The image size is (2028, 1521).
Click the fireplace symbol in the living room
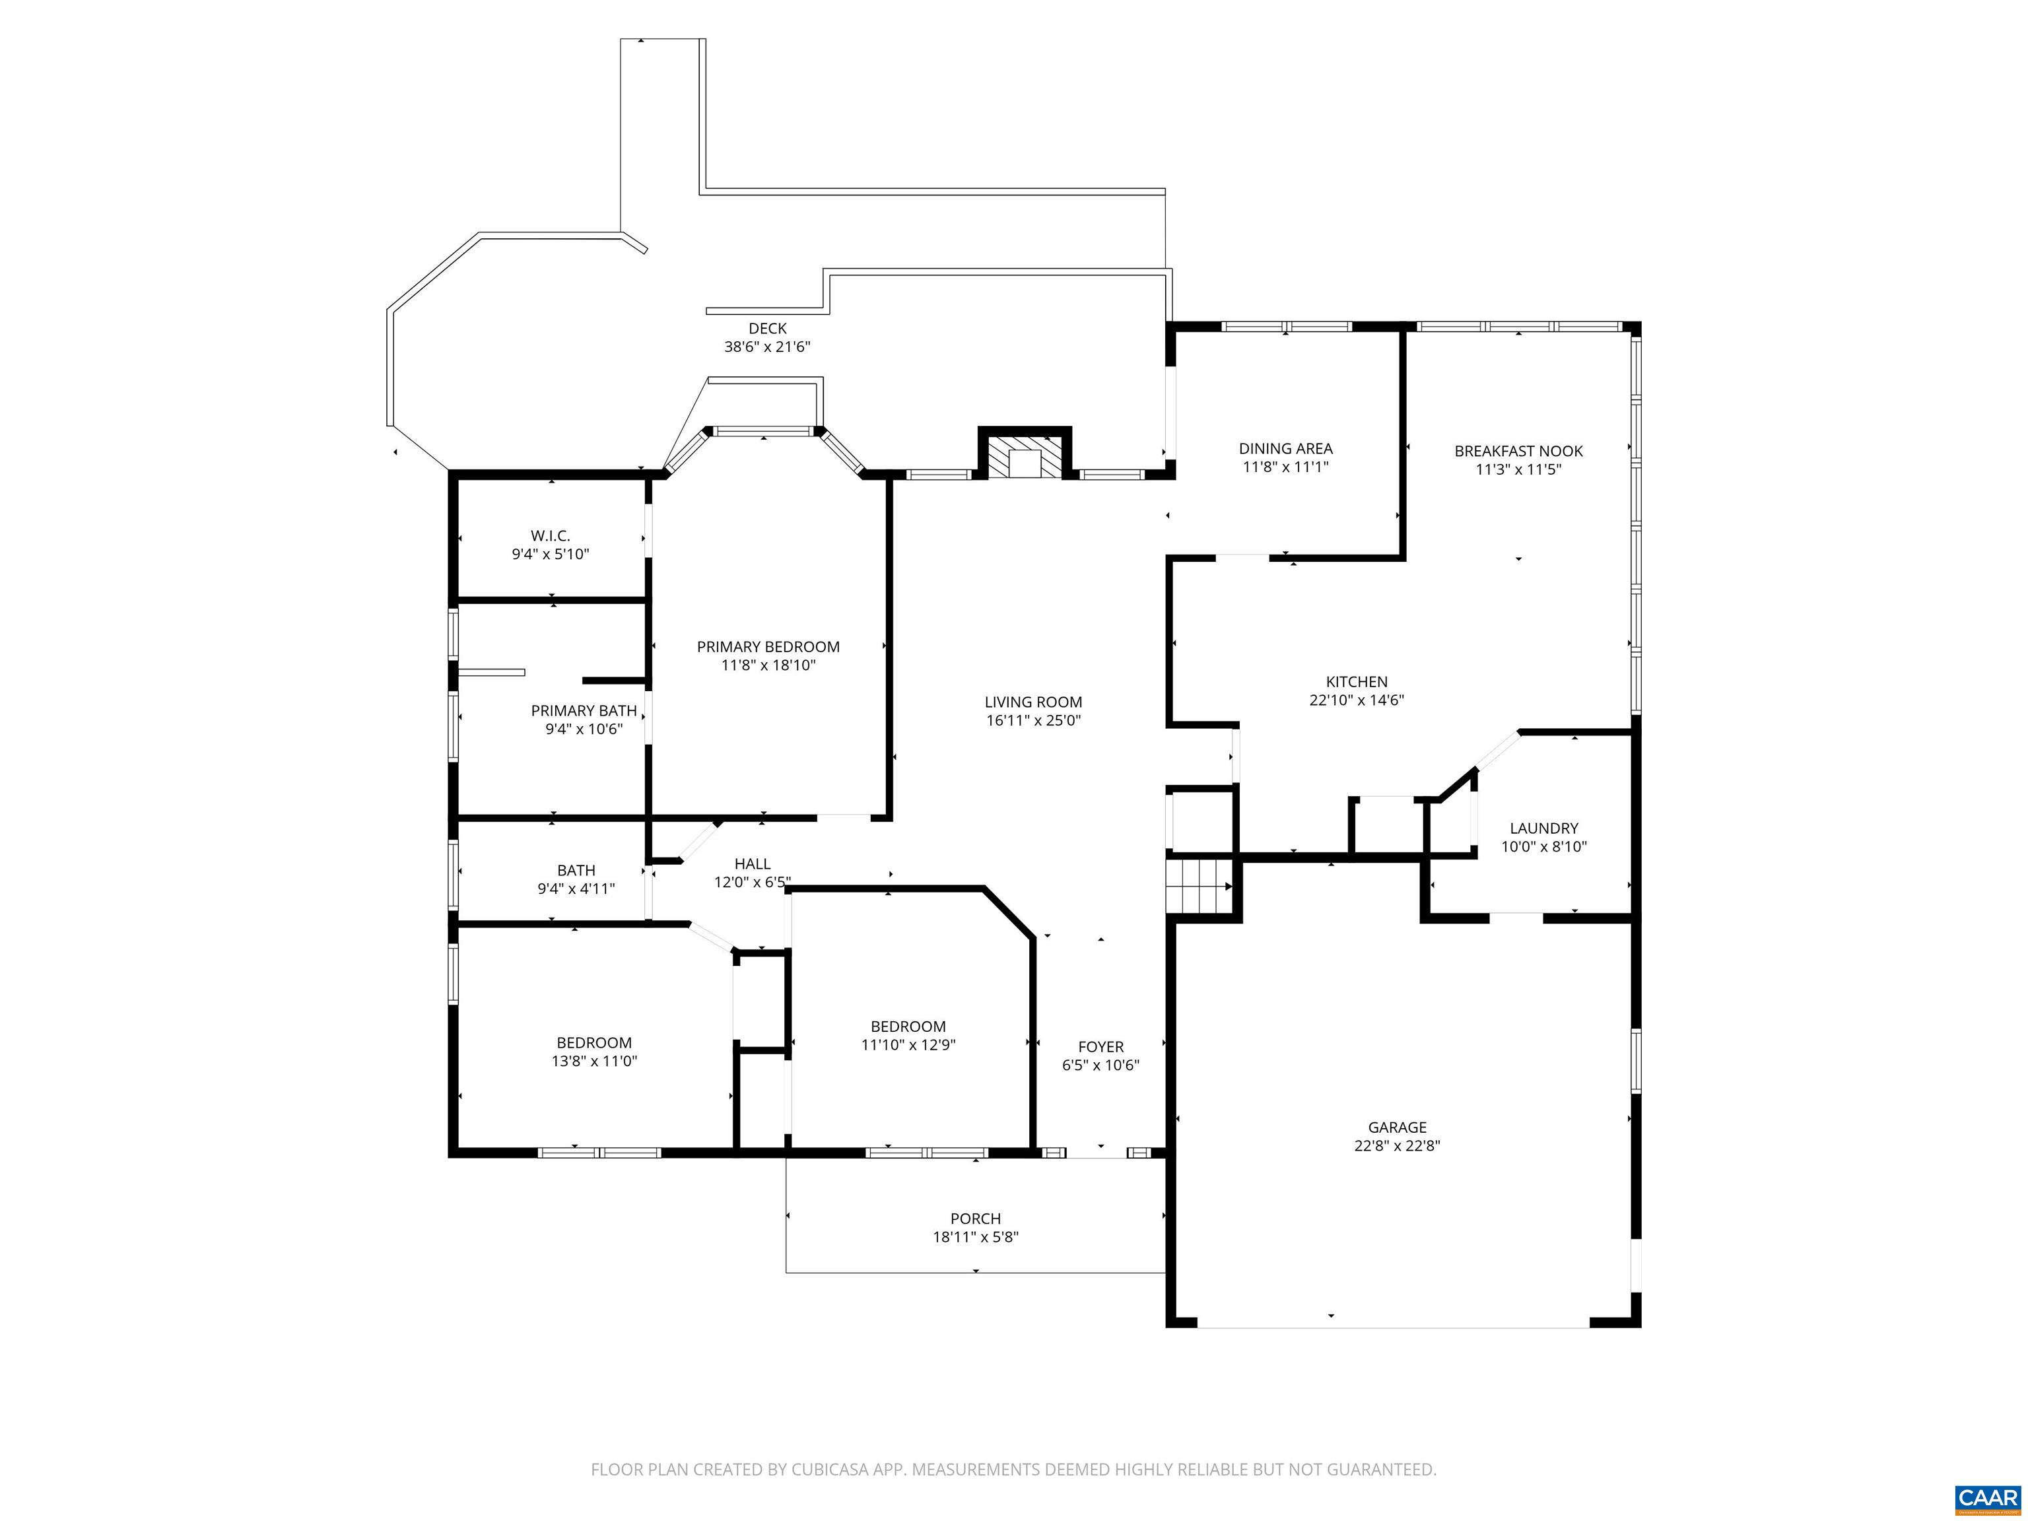coord(1025,453)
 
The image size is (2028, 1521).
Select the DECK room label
coord(767,328)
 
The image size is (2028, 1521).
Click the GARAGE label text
coord(1398,1128)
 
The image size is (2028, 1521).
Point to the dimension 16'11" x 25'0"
coord(1033,721)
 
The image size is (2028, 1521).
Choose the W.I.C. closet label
coord(550,535)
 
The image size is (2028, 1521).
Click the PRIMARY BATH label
coord(584,710)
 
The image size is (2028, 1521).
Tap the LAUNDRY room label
coord(1544,828)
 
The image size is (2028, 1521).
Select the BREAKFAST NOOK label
coord(1518,451)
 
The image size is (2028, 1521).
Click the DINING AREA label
coord(1285,448)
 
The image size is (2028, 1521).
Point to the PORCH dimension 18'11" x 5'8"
coord(976,1236)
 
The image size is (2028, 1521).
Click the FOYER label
coord(1100,1047)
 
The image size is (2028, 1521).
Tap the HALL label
coord(753,863)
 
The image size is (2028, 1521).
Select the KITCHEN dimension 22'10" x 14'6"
coord(1357,700)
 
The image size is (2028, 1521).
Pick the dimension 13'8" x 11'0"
coord(594,1061)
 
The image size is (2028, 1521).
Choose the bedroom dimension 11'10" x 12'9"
coord(908,1044)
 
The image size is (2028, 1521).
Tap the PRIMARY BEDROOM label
coord(768,646)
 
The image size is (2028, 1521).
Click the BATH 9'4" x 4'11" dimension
coord(576,889)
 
